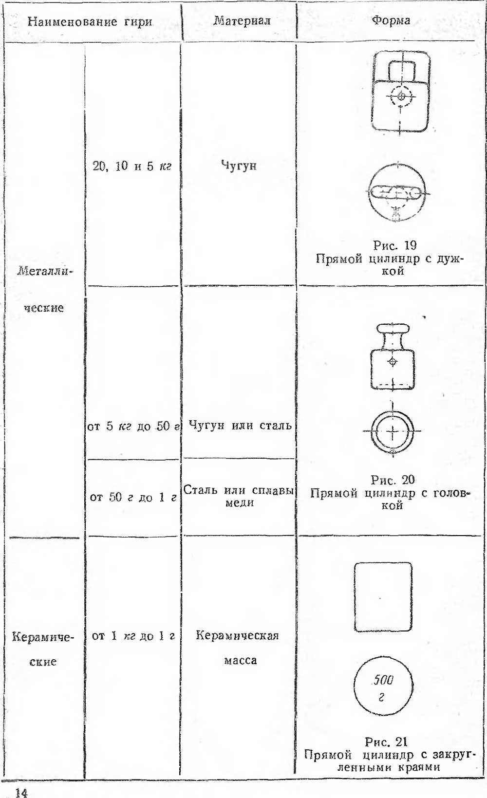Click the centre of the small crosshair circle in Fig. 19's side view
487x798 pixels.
point(401,95)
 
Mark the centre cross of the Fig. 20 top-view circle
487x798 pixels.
point(392,431)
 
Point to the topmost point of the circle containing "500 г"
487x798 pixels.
point(384,654)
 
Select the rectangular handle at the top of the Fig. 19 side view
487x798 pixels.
point(401,71)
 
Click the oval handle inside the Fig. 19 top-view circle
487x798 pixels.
point(396,193)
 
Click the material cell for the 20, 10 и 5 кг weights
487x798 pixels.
point(239,166)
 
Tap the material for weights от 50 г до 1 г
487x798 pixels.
point(239,496)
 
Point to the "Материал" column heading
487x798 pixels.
point(242,20)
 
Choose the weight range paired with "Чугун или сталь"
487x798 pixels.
point(133,426)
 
